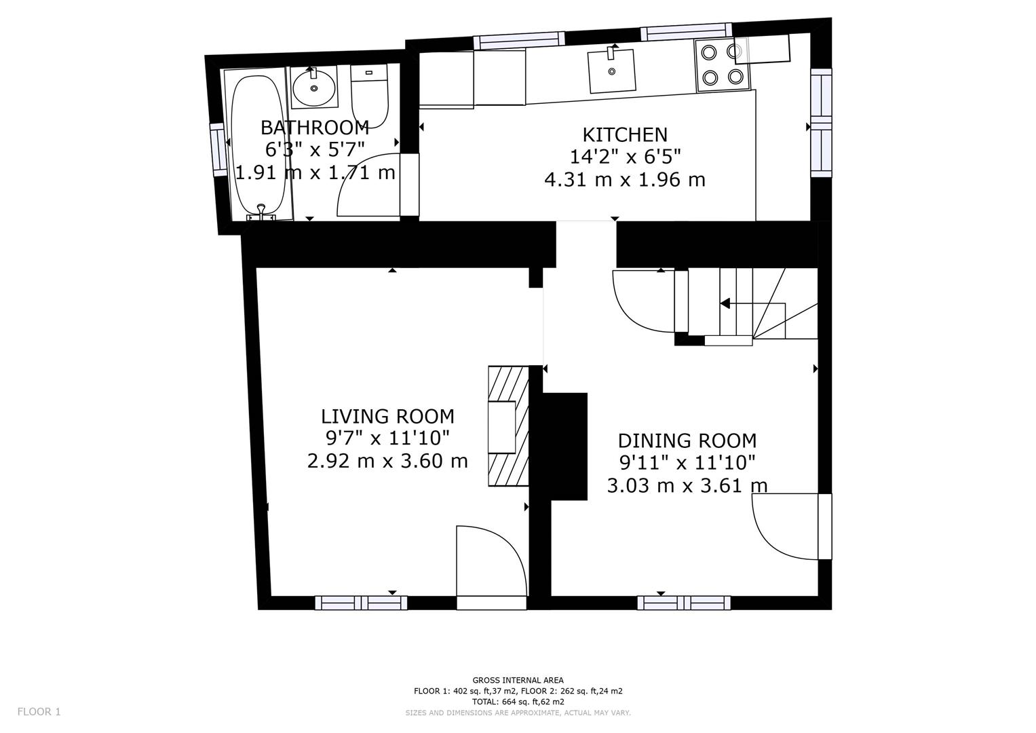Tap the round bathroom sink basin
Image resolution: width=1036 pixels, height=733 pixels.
click(313, 87)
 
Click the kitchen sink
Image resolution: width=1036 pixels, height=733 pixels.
click(612, 71)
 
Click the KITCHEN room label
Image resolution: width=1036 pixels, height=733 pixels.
click(625, 134)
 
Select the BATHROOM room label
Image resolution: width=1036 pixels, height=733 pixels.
click(315, 127)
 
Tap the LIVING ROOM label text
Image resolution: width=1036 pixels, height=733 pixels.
click(387, 416)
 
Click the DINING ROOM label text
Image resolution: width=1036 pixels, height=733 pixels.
click(687, 440)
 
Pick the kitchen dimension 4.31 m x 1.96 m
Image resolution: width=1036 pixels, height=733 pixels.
click(625, 180)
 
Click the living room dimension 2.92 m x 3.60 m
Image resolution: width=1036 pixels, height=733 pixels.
click(387, 462)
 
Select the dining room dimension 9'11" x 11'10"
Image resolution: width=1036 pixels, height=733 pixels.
click(687, 463)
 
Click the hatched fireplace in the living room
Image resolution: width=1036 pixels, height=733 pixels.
click(509, 426)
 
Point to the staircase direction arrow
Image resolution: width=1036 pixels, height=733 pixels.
click(725, 303)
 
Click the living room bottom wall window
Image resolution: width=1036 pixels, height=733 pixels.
click(361, 602)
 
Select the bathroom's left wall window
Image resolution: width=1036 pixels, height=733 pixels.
click(219, 149)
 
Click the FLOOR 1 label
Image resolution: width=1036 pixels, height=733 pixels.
click(39, 711)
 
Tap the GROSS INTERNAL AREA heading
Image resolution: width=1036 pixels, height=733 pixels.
click(518, 680)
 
